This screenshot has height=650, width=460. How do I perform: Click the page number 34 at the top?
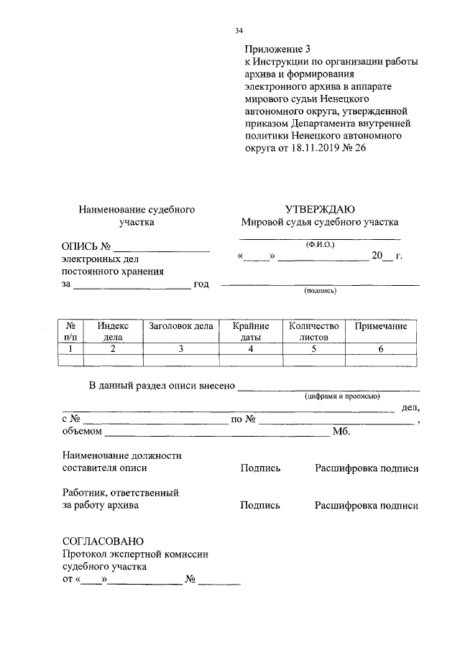coord(239,30)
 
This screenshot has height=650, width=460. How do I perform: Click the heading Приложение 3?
coord(277,50)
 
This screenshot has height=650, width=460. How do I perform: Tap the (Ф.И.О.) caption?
coord(320,244)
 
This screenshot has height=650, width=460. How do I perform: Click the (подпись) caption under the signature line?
coord(320,291)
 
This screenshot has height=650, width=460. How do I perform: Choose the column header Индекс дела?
coord(113,331)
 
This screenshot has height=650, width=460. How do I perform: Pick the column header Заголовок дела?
coord(181,326)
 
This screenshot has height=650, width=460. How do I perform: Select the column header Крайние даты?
coord(250,331)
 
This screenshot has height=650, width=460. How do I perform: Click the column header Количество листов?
coord(313,331)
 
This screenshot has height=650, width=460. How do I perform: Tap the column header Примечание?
coord(381,326)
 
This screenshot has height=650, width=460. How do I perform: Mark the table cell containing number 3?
coord(181,349)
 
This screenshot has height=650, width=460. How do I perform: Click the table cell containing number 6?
coord(381,349)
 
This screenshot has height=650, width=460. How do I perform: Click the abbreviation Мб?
coord(341,432)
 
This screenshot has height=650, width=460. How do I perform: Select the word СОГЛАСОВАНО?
coord(103,540)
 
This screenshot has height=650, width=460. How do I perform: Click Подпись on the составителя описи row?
coord(260,468)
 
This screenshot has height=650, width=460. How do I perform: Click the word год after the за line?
coord(201,284)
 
